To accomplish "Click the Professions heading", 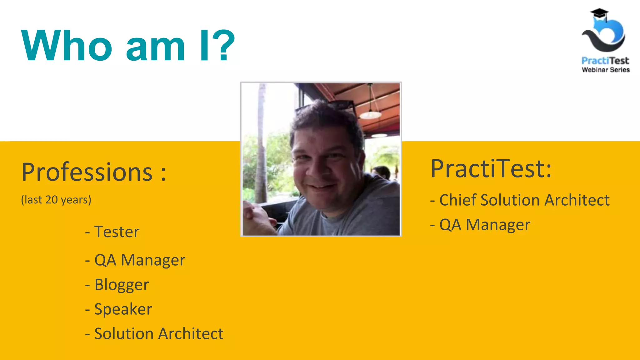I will [94, 172].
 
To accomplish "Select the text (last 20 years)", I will [56, 200].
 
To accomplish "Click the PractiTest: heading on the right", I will [491, 169].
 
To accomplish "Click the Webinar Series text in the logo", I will [605, 70].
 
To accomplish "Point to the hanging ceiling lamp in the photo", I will [370, 114].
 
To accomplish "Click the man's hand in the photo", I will [256, 219].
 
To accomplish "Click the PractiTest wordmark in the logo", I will [605, 61].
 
